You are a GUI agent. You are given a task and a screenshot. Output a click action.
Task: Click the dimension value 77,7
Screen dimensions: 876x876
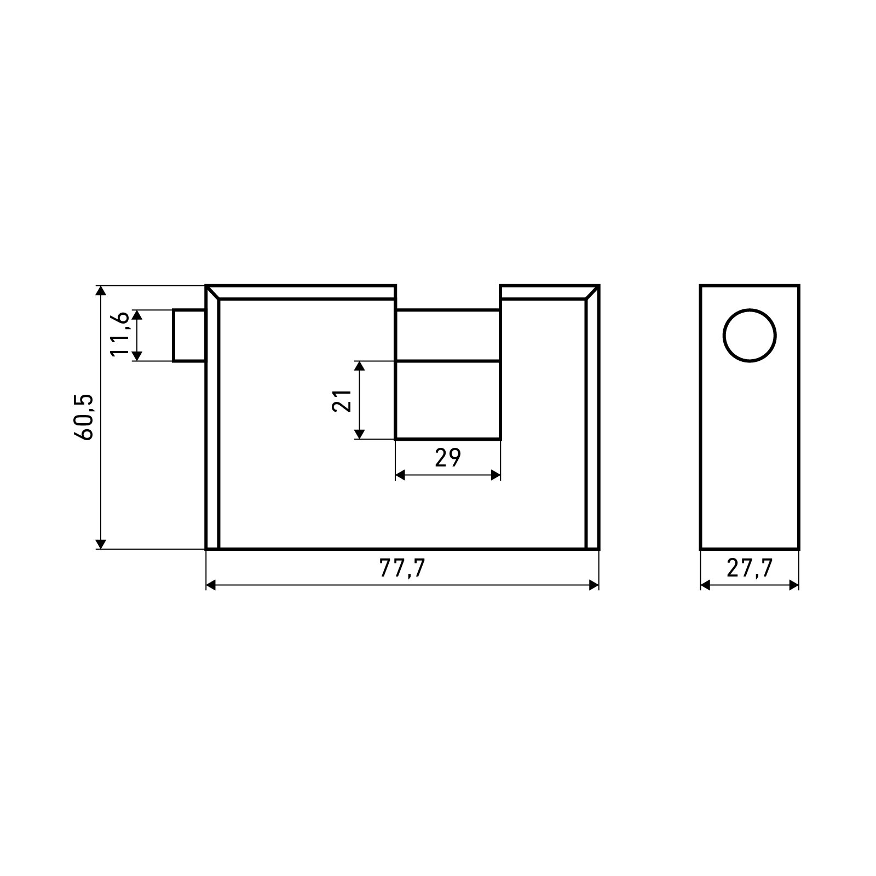(402, 569)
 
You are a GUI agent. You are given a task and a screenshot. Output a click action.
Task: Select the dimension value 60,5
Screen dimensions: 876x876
(86, 417)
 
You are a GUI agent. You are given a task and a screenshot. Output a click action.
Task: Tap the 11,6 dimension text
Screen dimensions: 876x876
(119, 335)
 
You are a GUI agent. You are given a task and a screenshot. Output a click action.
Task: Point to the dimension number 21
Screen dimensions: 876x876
(342, 400)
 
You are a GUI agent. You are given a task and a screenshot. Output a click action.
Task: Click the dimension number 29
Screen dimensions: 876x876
(448, 457)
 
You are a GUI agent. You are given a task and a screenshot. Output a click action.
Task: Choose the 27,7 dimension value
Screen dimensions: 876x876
(750, 569)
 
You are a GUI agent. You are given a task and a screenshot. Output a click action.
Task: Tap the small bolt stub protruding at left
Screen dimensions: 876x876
(189, 336)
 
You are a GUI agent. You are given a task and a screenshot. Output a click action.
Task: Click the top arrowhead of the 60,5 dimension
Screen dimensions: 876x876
(100, 291)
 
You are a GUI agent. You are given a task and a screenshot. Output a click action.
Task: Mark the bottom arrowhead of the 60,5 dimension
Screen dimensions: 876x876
(100, 543)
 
